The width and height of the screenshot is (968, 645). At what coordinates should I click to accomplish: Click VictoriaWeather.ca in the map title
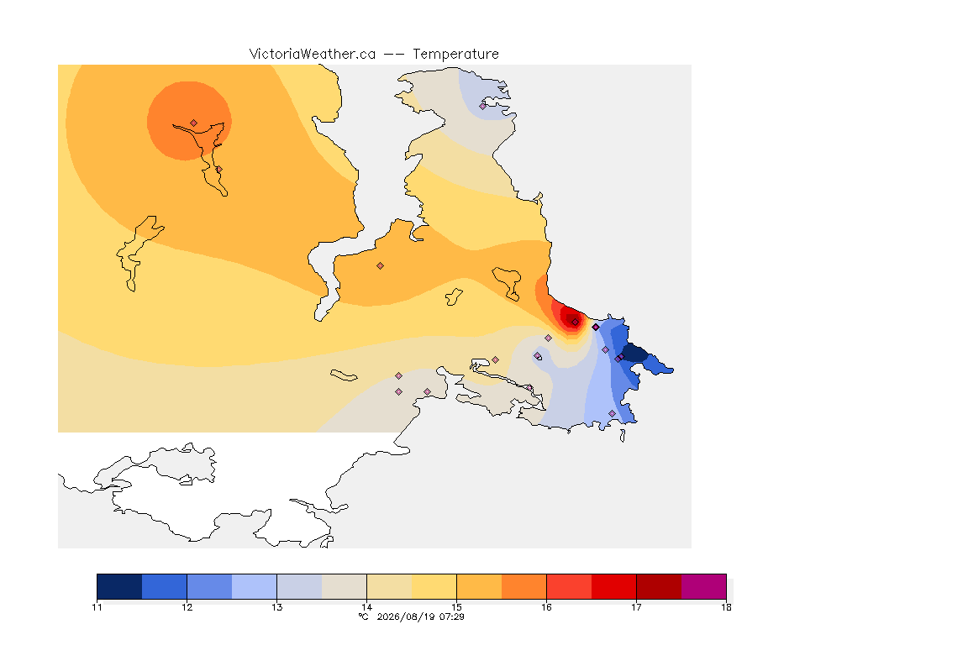click(x=313, y=55)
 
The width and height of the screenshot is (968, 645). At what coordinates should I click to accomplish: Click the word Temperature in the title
click(x=455, y=55)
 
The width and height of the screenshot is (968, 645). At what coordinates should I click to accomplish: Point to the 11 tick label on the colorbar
click(x=97, y=607)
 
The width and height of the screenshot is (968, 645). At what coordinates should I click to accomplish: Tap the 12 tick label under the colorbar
click(x=187, y=607)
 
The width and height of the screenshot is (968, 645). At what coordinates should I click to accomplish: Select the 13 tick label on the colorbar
click(x=277, y=607)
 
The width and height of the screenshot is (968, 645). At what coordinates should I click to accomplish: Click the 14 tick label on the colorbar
click(x=366, y=607)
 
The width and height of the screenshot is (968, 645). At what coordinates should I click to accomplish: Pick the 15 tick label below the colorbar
click(x=457, y=607)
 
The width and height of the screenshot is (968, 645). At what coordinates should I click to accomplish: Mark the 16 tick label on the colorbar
click(x=546, y=607)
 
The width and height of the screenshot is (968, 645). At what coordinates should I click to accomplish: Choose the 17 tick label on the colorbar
click(x=636, y=607)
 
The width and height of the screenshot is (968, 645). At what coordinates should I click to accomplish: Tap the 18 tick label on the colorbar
click(x=726, y=607)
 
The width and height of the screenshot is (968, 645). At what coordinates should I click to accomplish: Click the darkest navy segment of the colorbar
click(x=120, y=586)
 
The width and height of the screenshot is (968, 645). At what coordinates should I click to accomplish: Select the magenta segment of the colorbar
click(x=704, y=586)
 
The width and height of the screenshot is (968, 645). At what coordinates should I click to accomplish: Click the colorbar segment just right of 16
click(x=569, y=586)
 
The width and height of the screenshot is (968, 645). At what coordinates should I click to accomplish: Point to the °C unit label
click(x=364, y=616)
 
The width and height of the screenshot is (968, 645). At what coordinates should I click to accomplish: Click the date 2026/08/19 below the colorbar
click(x=405, y=616)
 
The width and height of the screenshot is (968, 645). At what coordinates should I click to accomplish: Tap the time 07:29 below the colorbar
click(x=452, y=616)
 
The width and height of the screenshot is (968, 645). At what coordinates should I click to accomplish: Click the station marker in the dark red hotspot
click(x=576, y=322)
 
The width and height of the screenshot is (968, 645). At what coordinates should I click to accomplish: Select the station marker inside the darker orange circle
click(x=194, y=123)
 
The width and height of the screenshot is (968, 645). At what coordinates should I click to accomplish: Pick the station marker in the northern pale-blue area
click(x=483, y=106)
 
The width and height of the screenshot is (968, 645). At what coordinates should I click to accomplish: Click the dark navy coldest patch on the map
click(x=635, y=354)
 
